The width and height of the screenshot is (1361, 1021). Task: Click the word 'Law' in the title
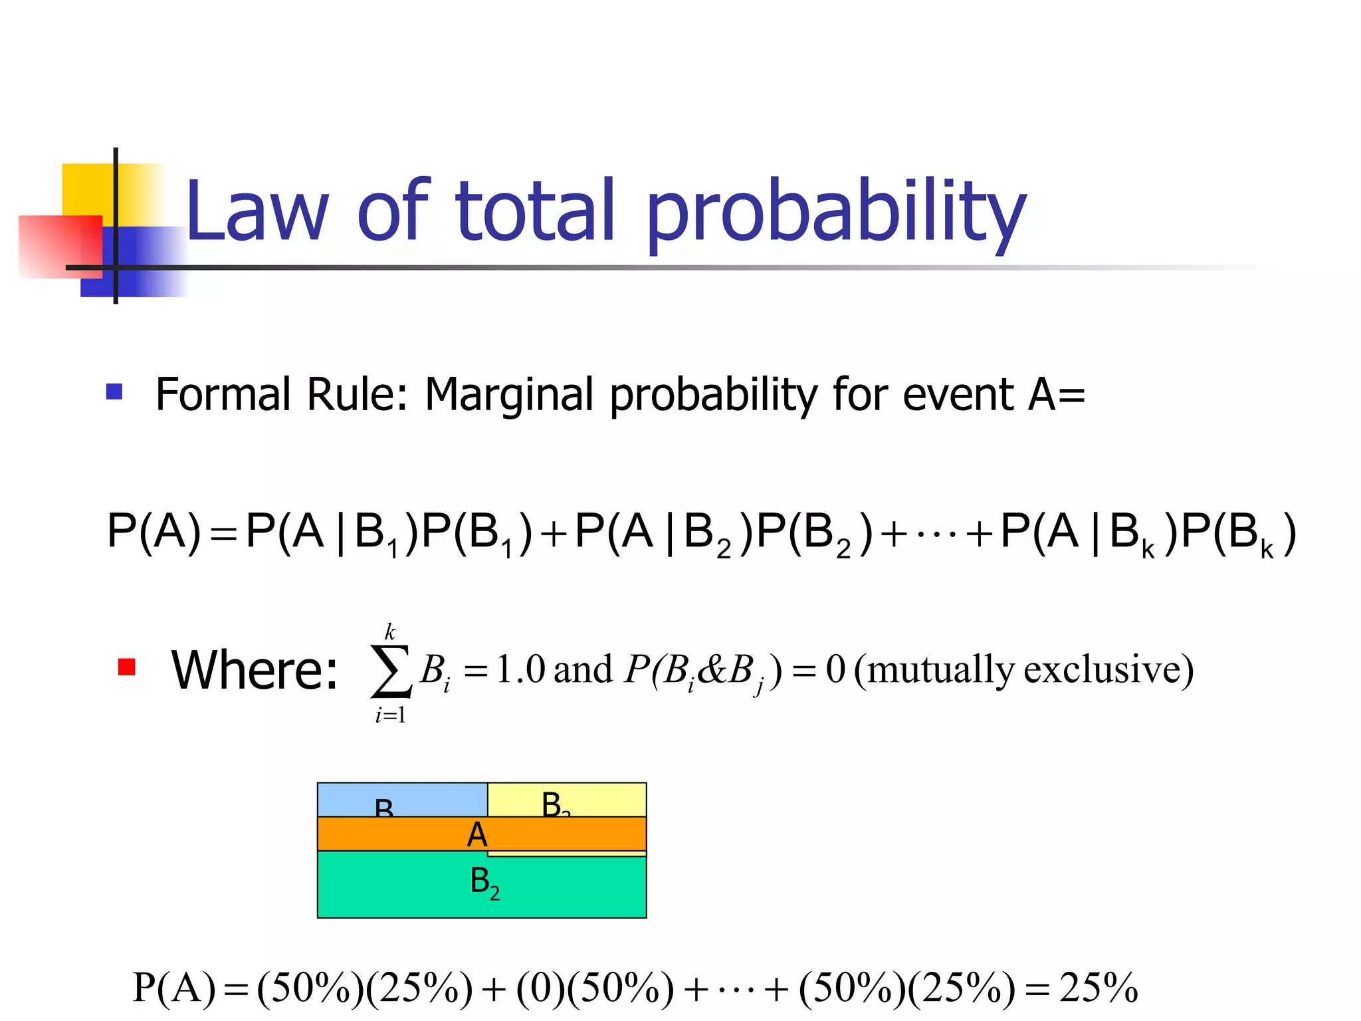(x=257, y=211)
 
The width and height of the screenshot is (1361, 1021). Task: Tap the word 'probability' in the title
(x=835, y=213)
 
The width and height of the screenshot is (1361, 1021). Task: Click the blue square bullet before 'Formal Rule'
(x=114, y=392)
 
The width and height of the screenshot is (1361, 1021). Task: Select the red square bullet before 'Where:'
(x=126, y=667)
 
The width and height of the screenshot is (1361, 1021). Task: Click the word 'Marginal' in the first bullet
(x=508, y=396)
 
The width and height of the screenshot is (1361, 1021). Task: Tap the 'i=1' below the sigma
(x=390, y=715)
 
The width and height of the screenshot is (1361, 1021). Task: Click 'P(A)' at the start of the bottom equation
(x=174, y=988)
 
